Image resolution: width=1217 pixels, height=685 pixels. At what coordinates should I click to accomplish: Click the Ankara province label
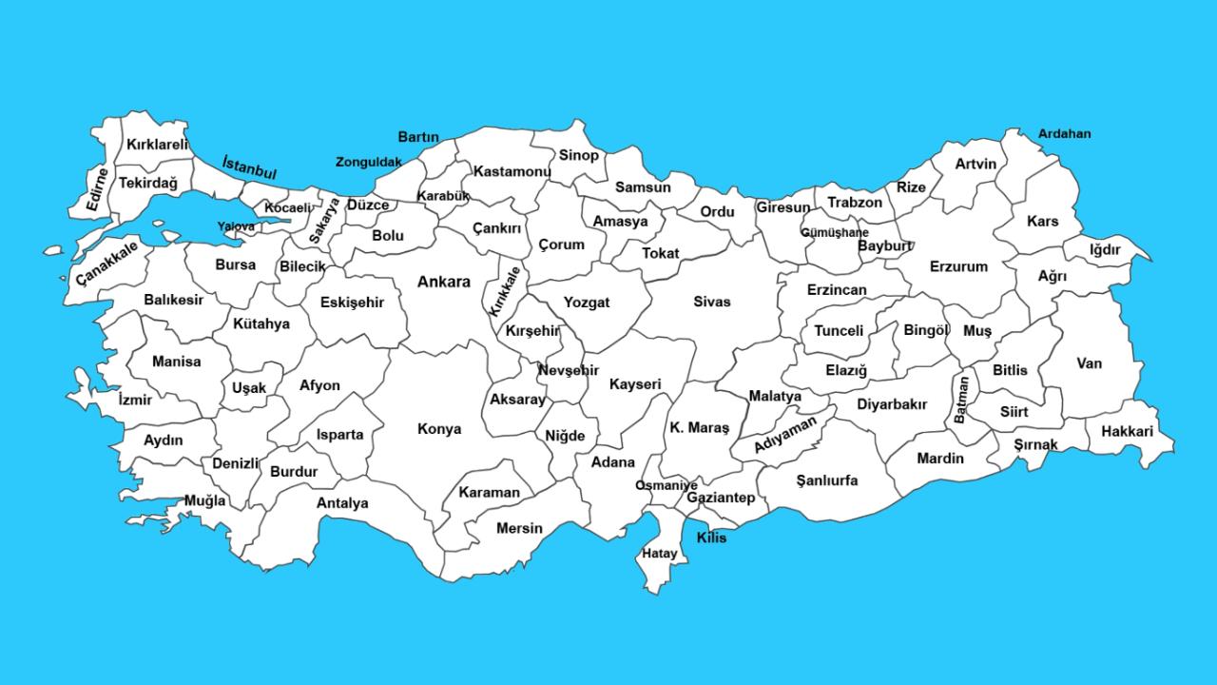tap(444, 282)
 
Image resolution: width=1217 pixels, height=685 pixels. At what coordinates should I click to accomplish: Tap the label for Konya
tap(439, 429)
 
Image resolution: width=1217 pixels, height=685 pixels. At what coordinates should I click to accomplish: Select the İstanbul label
tap(249, 167)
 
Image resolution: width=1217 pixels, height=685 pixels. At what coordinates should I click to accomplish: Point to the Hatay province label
tap(660, 553)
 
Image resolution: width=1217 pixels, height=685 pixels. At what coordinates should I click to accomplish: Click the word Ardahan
tap(1064, 134)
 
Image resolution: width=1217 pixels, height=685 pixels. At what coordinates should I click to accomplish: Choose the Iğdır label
tap(1106, 250)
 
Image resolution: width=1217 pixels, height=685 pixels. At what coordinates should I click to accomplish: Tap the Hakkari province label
tap(1127, 432)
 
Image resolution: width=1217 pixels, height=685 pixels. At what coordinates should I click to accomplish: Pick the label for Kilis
tap(711, 538)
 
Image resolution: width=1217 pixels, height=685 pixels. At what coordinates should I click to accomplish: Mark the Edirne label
tap(97, 188)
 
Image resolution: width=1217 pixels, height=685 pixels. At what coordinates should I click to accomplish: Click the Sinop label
tap(578, 155)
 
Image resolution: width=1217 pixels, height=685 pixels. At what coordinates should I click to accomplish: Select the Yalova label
tap(236, 226)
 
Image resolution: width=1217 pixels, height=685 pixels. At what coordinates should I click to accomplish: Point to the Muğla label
tap(205, 500)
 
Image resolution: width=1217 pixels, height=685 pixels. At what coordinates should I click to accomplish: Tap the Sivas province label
tap(711, 302)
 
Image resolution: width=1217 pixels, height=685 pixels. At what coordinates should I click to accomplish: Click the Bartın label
tap(418, 137)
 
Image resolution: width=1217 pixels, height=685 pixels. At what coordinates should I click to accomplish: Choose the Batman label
tap(962, 400)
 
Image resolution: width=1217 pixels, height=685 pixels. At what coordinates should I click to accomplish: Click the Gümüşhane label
tap(834, 232)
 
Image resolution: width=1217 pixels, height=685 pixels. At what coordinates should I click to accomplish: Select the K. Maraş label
tap(699, 428)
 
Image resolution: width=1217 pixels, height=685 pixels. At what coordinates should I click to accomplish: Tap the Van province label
tap(1090, 363)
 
